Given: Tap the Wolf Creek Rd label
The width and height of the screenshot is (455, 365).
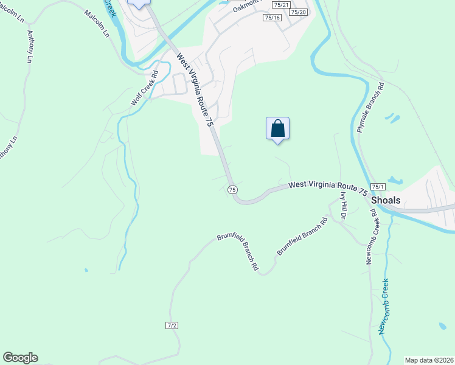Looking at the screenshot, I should click(x=144, y=89).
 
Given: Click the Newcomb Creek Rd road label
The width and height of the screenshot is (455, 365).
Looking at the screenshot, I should click(x=369, y=238).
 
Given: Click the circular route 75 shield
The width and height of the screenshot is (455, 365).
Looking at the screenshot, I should click(x=232, y=190).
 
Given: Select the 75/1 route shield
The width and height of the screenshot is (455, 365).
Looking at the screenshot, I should click(x=378, y=187).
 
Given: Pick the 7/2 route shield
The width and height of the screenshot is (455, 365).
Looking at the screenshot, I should click(x=172, y=325).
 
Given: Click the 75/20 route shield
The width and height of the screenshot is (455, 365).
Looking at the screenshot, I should click(x=299, y=12).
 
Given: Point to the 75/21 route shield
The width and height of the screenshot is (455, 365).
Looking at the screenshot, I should click(x=282, y=4).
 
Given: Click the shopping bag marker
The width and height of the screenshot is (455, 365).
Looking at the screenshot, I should click(x=277, y=128).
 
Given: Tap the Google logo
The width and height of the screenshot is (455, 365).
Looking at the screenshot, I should click(x=20, y=358).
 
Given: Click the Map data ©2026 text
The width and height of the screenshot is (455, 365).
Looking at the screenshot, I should click(x=429, y=360).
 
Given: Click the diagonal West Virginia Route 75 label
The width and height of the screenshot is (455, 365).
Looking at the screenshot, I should click(x=195, y=89).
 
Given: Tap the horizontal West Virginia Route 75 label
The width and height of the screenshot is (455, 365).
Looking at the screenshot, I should click(x=327, y=187).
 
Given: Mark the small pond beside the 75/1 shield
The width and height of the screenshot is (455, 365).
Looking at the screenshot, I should click(x=395, y=181).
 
